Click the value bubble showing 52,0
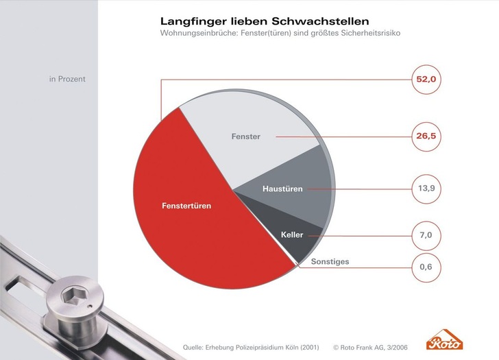(x=426, y=80)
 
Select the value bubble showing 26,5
(x=426, y=136)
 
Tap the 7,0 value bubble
(x=426, y=235)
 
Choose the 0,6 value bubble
(x=426, y=267)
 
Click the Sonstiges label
(x=330, y=262)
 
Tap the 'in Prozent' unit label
(x=67, y=79)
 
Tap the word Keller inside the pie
(x=292, y=235)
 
